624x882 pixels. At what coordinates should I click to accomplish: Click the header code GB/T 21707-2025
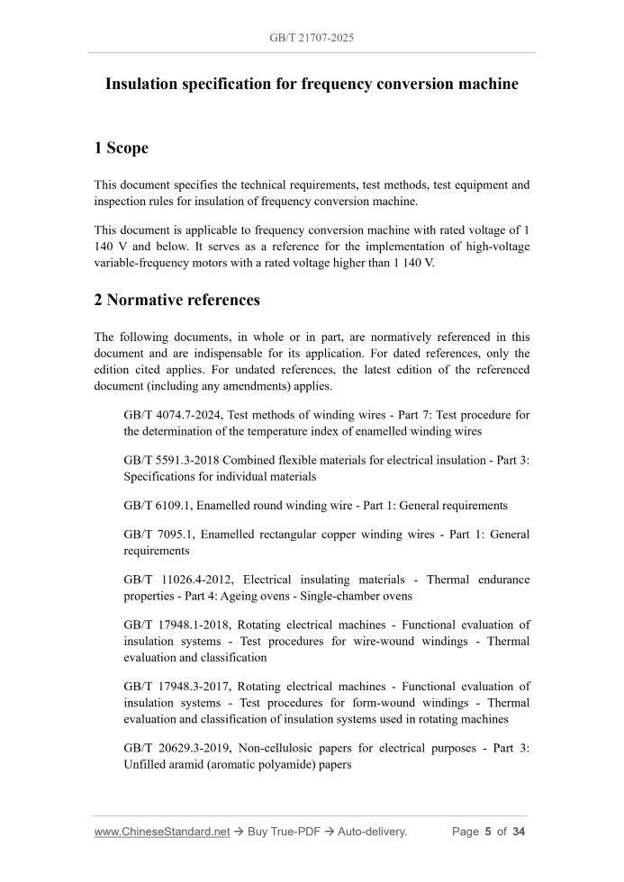(311, 39)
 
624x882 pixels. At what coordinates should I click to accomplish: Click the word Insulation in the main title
(145, 85)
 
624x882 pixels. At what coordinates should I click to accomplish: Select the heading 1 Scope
(122, 148)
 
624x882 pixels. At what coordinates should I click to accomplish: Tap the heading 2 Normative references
(177, 300)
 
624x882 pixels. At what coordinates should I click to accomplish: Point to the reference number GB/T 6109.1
(156, 506)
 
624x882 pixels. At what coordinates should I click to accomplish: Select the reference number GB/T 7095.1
(156, 535)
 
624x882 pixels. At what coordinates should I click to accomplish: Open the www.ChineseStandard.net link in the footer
(162, 832)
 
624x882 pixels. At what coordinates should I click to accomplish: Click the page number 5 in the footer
(487, 832)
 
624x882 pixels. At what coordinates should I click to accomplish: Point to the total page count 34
(518, 832)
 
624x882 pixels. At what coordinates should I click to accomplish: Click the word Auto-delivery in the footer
(372, 832)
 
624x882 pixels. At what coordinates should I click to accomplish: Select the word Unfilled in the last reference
(144, 764)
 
